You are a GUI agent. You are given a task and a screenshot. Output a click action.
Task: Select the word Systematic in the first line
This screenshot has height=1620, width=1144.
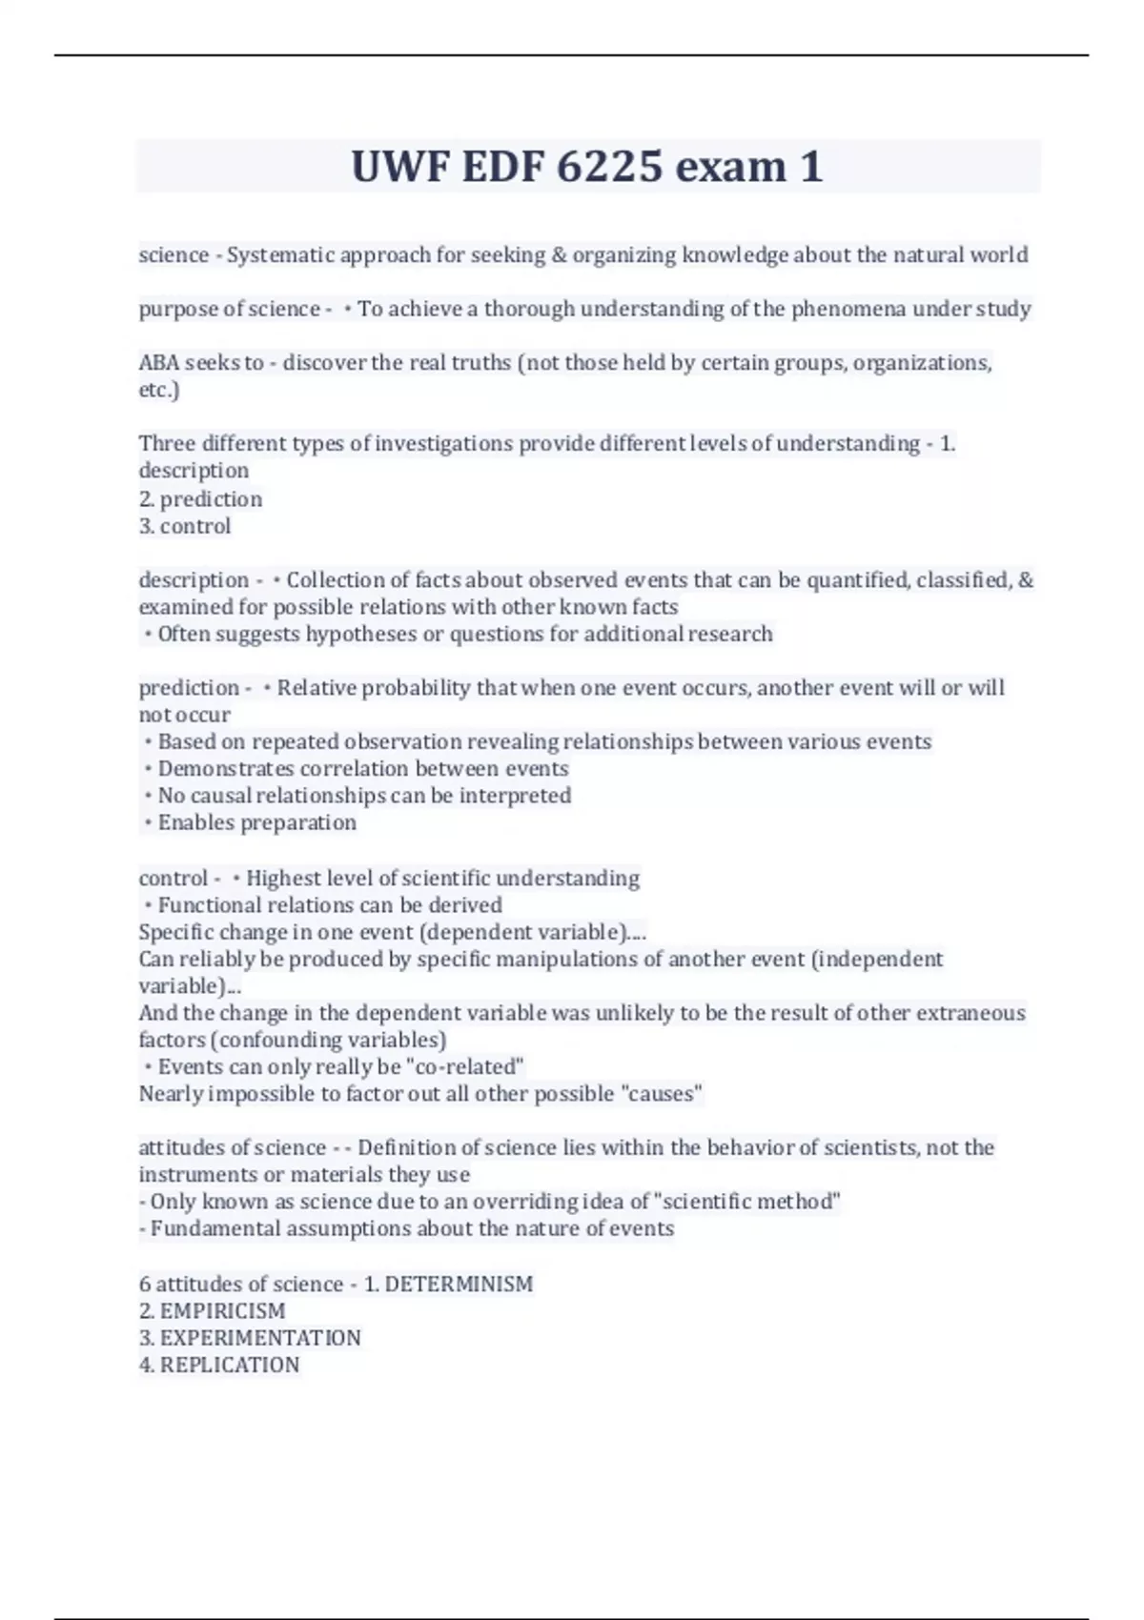click(x=279, y=255)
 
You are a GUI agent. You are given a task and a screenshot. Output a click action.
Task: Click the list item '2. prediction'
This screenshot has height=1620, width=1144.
click(x=200, y=498)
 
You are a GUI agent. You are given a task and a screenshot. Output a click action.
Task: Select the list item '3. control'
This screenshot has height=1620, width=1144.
click(x=185, y=526)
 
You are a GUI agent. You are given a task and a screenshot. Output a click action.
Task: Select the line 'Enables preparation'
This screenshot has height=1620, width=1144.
click(x=256, y=822)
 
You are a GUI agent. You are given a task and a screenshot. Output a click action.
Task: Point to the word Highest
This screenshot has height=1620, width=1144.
click(x=280, y=878)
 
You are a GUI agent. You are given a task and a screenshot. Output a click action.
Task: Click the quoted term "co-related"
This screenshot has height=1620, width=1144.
click(x=465, y=1067)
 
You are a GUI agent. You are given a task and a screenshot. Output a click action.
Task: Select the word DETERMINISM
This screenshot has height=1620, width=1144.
click(x=459, y=1285)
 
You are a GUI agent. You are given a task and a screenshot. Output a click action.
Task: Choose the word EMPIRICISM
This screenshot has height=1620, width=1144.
click(x=222, y=1311)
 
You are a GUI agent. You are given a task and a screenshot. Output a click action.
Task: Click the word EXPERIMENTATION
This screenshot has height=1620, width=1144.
click(x=260, y=1338)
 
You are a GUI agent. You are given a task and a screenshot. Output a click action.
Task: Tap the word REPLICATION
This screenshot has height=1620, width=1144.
click(x=229, y=1365)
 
